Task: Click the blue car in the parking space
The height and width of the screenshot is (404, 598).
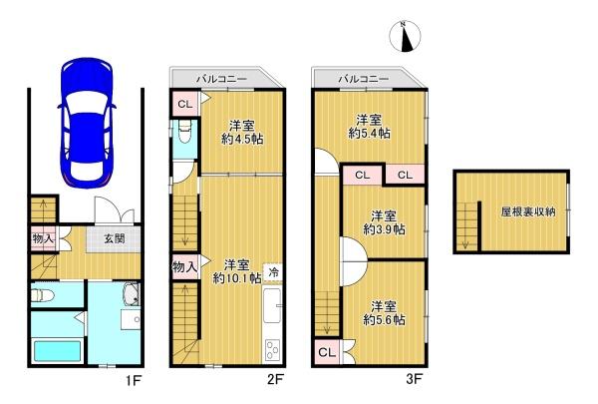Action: (x=87, y=123)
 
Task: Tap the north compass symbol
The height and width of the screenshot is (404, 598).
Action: (x=405, y=36)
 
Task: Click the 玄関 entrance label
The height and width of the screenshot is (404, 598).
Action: (x=114, y=239)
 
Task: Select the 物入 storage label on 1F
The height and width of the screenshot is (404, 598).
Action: (x=43, y=239)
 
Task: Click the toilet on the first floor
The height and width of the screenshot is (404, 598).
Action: (x=42, y=295)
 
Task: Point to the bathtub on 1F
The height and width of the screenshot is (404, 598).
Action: (x=58, y=351)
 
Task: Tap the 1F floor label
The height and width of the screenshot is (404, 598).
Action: (x=134, y=380)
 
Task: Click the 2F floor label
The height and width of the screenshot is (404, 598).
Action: (x=275, y=380)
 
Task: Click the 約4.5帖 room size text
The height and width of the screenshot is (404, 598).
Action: (x=242, y=139)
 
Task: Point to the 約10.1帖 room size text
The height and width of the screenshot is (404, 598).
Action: (x=237, y=278)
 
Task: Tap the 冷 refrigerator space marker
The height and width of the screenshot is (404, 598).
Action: (x=273, y=272)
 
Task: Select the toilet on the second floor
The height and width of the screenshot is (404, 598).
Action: (x=184, y=132)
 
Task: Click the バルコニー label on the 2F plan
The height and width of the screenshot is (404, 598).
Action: (x=221, y=80)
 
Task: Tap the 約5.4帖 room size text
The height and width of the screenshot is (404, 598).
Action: (x=369, y=134)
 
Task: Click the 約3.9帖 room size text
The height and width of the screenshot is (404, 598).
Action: (x=384, y=229)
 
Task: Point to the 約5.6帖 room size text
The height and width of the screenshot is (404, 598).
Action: (x=384, y=319)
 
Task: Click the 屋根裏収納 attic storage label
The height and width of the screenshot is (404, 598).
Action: (x=528, y=211)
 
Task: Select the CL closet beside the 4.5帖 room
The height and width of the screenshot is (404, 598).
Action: (x=185, y=104)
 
